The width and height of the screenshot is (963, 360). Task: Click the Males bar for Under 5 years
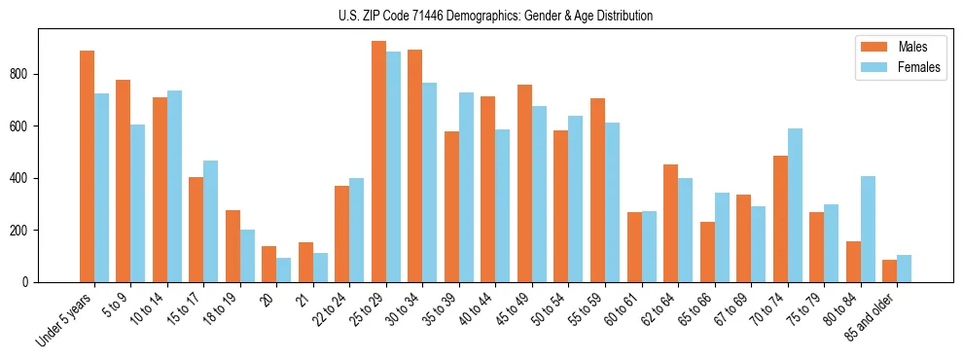(87, 166)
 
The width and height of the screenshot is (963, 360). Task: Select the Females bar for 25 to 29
(393, 166)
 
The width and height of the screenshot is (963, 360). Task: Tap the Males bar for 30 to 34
(414, 165)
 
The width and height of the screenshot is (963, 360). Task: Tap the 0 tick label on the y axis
(30, 282)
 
